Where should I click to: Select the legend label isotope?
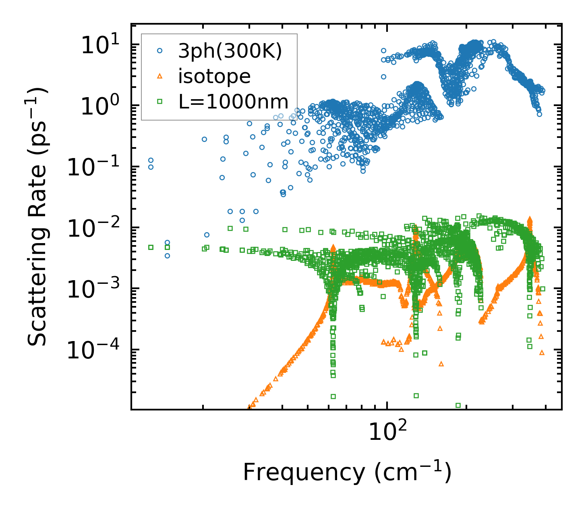pyautogui.click(x=214, y=76)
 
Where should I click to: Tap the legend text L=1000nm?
pyautogui.click(x=234, y=102)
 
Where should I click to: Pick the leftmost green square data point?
pyautogui.click(x=151, y=247)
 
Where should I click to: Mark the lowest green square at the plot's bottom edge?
pyautogui.click(x=458, y=405)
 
